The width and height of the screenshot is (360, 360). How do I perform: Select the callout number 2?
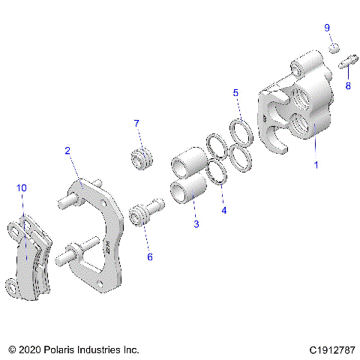(67, 151)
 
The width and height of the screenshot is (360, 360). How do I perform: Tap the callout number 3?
(196, 223)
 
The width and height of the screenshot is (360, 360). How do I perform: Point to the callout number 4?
(223, 211)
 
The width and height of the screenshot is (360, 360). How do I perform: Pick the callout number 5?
(235, 93)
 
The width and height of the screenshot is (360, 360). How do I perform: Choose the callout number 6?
(149, 256)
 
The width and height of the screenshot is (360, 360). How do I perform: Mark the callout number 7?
(136, 123)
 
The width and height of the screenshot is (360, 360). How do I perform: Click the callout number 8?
(347, 86)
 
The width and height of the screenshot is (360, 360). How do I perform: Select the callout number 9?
(327, 28)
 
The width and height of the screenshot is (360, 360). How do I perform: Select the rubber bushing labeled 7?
(141, 159)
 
